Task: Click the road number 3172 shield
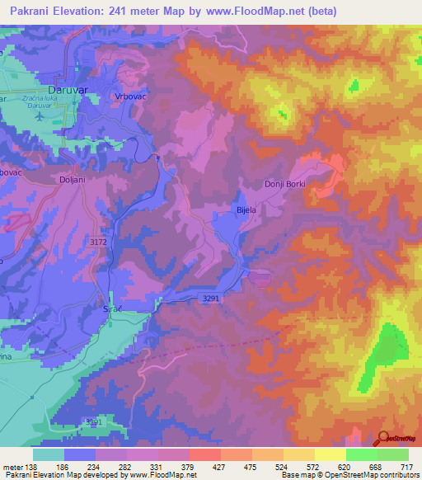(x=98, y=241)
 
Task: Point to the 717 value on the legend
(x=407, y=467)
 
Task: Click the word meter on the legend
(x=12, y=467)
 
